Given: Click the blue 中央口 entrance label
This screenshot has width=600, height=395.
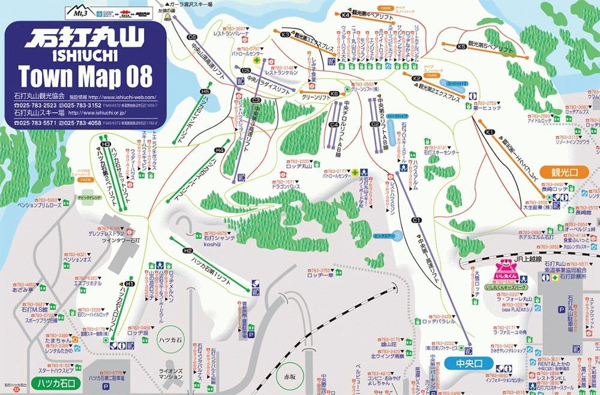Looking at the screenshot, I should pos(465,364).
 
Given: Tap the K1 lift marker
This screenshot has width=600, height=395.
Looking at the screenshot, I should pos(490,131).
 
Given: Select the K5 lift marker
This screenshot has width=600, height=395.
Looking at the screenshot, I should pos(461,46).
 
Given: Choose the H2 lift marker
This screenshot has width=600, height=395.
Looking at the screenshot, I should pos(188,250).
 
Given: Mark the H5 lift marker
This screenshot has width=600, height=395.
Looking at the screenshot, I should pos(205,92).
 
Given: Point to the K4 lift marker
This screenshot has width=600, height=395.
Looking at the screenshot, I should pos(346,14).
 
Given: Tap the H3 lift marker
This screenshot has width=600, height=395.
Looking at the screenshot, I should pos(106,144).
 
